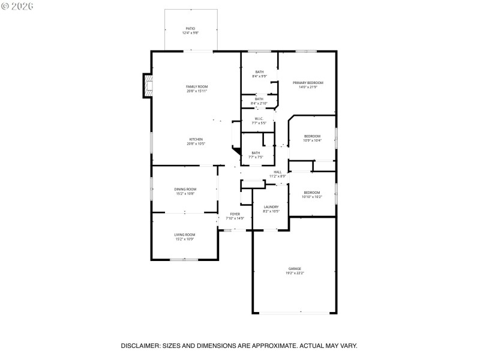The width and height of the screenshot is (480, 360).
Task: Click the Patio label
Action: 190,28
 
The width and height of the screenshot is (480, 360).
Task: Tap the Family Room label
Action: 196,87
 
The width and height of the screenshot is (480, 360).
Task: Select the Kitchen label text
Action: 196,139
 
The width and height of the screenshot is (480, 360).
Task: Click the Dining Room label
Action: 185,189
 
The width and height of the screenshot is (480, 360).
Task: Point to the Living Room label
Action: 185,235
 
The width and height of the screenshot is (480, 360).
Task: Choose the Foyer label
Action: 235,214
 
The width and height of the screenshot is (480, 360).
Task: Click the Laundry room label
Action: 271,207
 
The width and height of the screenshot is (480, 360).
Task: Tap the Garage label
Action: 295,269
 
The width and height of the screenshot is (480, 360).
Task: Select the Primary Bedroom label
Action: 308,82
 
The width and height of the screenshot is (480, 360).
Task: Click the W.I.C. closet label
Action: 259,119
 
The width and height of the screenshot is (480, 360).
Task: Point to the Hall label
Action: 277,172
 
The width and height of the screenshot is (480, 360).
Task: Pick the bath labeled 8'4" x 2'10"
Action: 259,100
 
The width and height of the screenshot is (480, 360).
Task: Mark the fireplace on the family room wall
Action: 147,85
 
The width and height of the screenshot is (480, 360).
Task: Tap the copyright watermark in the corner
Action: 17,5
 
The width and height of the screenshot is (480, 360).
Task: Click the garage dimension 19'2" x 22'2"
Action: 295,273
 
